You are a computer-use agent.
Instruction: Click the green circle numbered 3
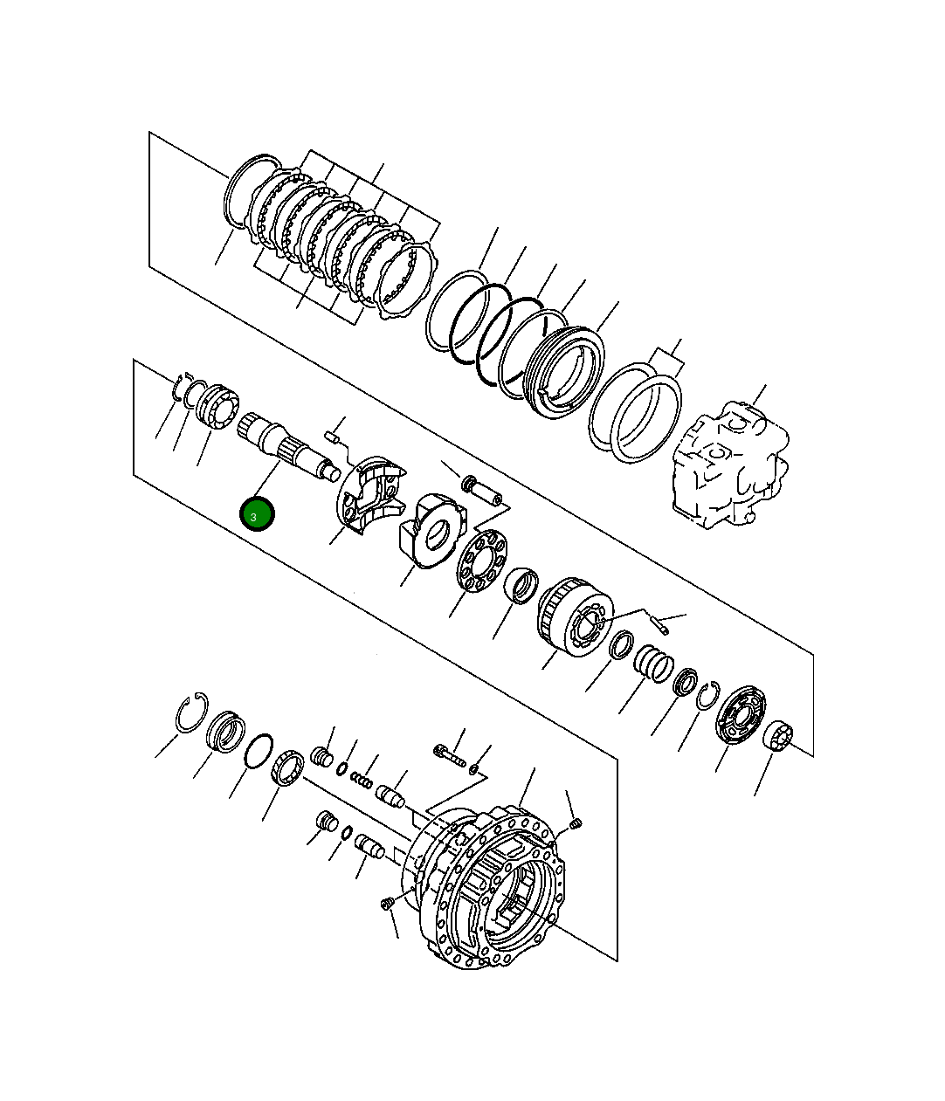[x=258, y=514]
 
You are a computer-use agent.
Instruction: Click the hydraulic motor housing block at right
[x=730, y=465]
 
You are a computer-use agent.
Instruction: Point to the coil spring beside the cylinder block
[x=653, y=664]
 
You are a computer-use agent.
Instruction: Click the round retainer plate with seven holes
[x=481, y=561]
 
